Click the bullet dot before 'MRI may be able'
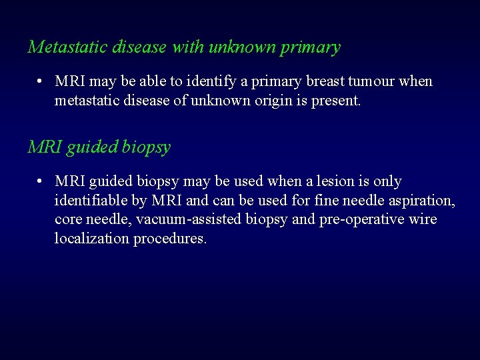(41, 82)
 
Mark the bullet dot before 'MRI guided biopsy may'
(41, 181)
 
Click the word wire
(423, 220)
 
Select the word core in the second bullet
(67, 220)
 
